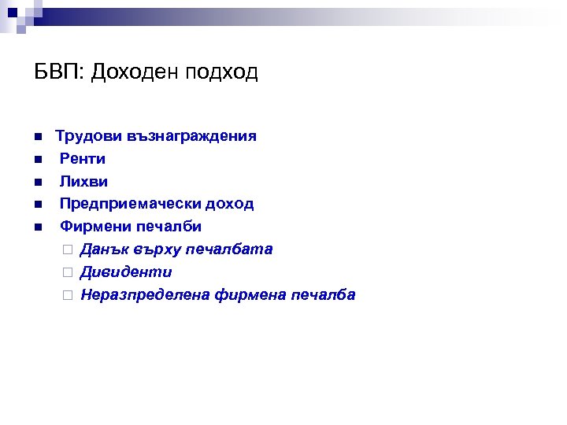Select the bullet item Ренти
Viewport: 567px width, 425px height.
pyautogui.click(x=83, y=159)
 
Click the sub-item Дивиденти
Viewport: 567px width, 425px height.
pyautogui.click(x=126, y=272)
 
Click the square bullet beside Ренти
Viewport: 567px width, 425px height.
pyautogui.click(x=37, y=160)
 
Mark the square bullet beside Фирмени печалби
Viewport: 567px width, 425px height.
pyautogui.click(x=37, y=227)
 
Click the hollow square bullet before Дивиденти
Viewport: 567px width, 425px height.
pyautogui.click(x=67, y=273)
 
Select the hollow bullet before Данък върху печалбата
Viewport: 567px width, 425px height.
pyautogui.click(x=67, y=250)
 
